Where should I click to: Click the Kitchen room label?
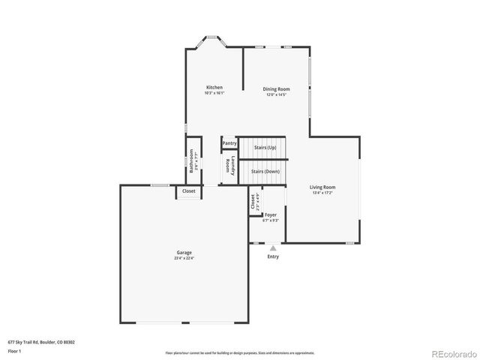214,87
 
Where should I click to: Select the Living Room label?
322,187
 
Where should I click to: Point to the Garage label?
184,253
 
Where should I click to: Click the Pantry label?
229,143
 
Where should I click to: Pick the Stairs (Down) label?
265,171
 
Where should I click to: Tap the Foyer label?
271,214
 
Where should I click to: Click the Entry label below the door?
273,256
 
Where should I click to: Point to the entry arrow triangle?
273,247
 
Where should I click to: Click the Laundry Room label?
231,167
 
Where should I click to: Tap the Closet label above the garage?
189,191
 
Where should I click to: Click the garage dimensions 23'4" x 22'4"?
184,259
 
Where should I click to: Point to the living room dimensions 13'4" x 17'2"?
322,193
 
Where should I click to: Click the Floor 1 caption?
15,350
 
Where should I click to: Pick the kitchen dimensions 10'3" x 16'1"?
214,93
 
